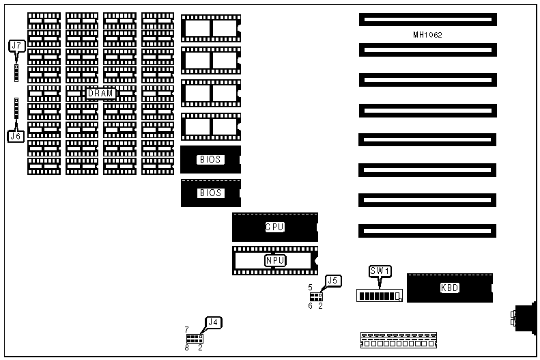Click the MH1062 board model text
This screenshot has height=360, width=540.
pyautogui.click(x=428, y=34)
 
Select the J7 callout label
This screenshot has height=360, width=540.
pyautogui.click(x=16, y=46)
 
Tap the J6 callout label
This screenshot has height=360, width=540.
pyautogui.click(x=16, y=136)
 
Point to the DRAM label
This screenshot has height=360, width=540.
pyautogui.click(x=101, y=94)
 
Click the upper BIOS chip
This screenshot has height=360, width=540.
pyautogui.click(x=210, y=160)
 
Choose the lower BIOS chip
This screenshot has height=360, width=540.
pyautogui.click(x=210, y=193)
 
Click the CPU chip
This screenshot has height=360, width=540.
pyautogui.click(x=274, y=227)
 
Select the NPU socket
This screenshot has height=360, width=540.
pyautogui.click(x=274, y=260)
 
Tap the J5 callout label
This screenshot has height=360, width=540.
pyautogui.click(x=333, y=280)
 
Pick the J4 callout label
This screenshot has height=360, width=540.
pyautogui.click(x=214, y=322)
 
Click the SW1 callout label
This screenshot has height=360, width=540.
pyautogui.click(x=380, y=271)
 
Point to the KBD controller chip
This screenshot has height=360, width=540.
pyautogui.click(x=449, y=288)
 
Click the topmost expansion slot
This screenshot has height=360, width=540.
pyautogui.click(x=427, y=19)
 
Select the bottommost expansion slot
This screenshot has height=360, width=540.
pyautogui.click(x=427, y=230)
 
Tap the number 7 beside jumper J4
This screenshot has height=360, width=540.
pyautogui.click(x=186, y=330)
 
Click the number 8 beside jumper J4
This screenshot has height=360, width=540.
pyautogui.click(x=186, y=348)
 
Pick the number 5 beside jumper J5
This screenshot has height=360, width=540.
pyautogui.click(x=310, y=288)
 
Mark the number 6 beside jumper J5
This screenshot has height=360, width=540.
pyautogui.click(x=310, y=305)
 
